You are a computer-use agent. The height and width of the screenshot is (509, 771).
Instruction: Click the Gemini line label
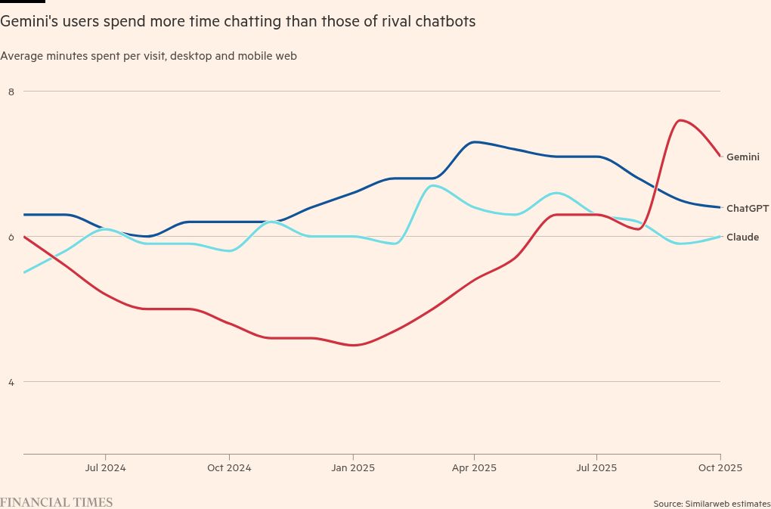pyautogui.click(x=742, y=157)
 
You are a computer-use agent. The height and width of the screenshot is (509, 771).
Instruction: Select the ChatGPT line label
pyautogui.click(x=747, y=208)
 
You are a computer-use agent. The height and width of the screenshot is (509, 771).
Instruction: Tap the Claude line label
pyautogui.click(x=742, y=237)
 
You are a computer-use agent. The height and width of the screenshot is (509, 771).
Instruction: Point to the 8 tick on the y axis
pyautogui.click(x=11, y=92)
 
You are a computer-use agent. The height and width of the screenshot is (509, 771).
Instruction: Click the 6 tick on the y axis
pyautogui.click(x=11, y=237)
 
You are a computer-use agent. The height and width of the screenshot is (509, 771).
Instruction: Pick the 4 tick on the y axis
pyautogui.click(x=11, y=382)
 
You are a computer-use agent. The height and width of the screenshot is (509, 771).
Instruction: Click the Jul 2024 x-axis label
pyautogui.click(x=105, y=468)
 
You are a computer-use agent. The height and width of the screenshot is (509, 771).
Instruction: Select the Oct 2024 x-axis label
pyautogui.click(x=229, y=468)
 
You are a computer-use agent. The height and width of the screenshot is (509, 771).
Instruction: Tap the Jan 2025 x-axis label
pyautogui.click(x=352, y=468)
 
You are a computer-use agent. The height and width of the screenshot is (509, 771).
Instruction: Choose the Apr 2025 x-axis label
pyautogui.click(x=474, y=468)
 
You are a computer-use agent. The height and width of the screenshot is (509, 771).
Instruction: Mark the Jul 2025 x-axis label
pyautogui.click(x=596, y=468)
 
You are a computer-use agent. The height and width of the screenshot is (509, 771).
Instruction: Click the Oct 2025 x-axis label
pyautogui.click(x=720, y=468)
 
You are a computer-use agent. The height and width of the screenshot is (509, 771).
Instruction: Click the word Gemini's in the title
pyautogui.click(x=25, y=22)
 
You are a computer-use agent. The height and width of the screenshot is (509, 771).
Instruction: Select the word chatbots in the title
pyautogui.click(x=447, y=22)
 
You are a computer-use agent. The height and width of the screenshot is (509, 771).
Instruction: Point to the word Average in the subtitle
pyautogui.click(x=20, y=56)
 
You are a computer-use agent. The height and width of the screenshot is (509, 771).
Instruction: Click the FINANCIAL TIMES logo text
pyautogui.click(x=57, y=502)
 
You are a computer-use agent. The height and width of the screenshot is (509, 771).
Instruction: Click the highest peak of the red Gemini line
pyautogui.click(x=681, y=119)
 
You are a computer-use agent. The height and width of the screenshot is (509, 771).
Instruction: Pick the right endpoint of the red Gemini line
pyautogui.click(x=720, y=157)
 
